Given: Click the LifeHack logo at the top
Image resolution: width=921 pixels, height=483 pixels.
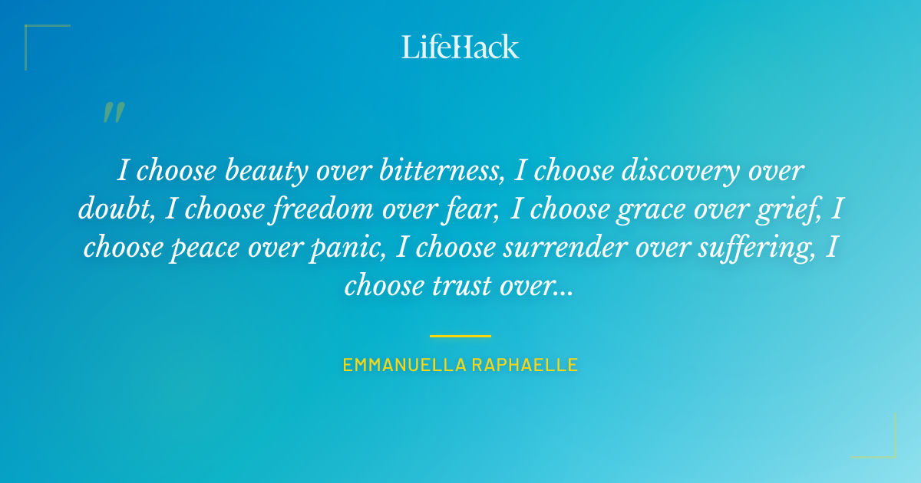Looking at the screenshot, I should click(460, 47).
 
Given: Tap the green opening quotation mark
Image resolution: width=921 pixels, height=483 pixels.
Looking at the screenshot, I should click(114, 113).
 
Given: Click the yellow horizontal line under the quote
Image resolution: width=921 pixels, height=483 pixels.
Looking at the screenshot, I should click(460, 336).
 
